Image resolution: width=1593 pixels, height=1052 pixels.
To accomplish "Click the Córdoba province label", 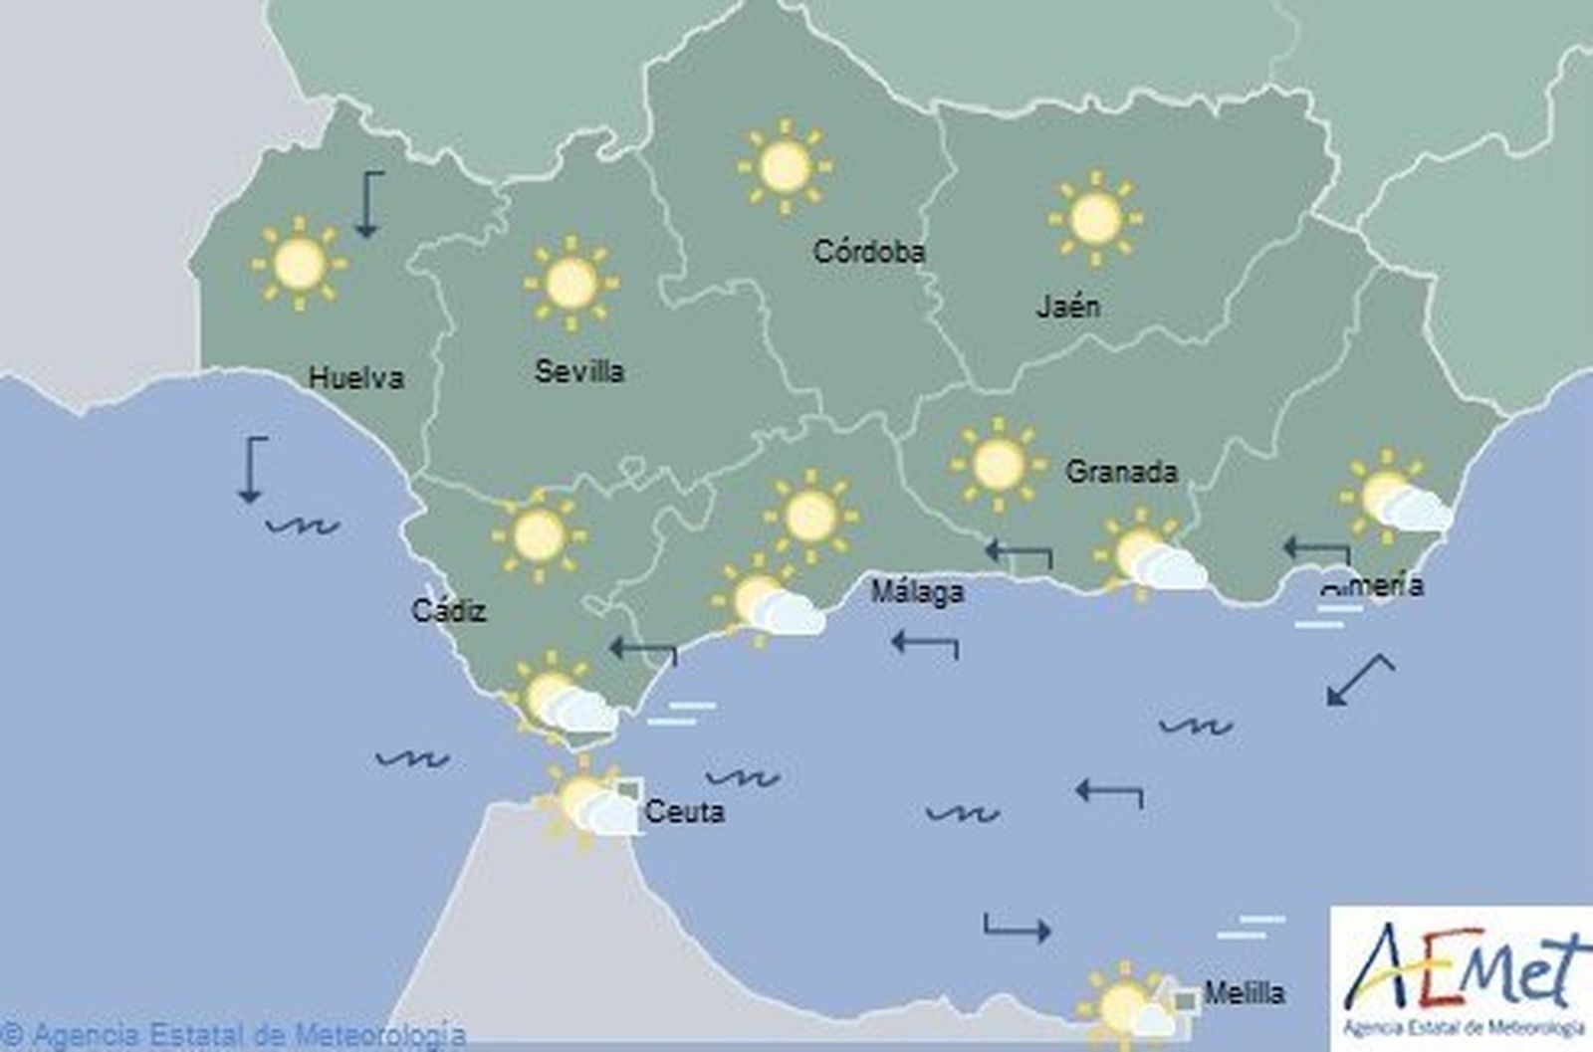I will tap(868, 251).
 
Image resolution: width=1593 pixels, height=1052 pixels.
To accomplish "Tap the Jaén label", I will tap(1068, 306).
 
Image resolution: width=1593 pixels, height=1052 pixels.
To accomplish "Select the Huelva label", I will tap(355, 378).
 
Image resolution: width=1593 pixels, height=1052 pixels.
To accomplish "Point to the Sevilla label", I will tap(579, 372).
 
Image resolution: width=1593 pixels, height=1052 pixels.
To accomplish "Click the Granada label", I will tap(1121, 471).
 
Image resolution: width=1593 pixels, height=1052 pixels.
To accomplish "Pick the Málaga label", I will tap(917, 592).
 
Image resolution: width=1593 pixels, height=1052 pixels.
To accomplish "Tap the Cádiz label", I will tap(449, 610).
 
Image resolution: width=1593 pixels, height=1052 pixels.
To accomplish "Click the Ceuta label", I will tap(684, 811).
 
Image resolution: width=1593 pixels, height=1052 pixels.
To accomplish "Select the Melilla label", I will tap(1244, 992).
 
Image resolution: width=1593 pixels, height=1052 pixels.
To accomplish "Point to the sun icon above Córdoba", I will tap(785, 166).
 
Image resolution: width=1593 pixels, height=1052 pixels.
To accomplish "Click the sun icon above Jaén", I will tap(1095, 219).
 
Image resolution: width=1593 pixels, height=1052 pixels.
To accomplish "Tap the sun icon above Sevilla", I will tap(570, 284).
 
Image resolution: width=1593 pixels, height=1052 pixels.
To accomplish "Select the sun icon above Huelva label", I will tap(300, 264).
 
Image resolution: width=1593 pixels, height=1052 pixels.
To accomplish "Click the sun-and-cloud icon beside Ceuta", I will tap(587, 804).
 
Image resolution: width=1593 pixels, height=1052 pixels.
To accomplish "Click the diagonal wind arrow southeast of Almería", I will tap(1359, 680).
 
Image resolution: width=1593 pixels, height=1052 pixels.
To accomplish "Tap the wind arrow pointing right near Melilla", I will tap(1017, 928).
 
